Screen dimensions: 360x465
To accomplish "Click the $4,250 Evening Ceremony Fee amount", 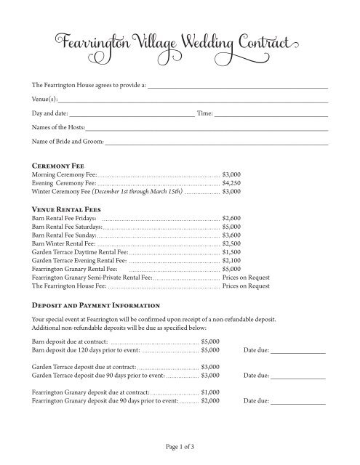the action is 231,185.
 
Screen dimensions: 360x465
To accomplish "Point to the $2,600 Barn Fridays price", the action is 231,218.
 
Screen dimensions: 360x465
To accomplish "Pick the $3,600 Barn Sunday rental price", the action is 231,235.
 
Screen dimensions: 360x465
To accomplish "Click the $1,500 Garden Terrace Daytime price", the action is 231,253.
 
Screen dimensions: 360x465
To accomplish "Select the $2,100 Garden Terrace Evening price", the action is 231,262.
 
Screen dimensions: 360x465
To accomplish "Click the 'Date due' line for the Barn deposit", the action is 298,351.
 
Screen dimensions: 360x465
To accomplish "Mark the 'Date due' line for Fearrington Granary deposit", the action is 298,401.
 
